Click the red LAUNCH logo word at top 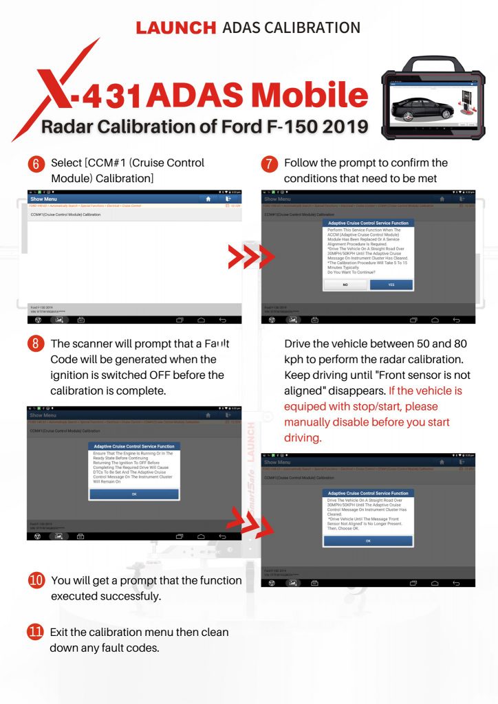[x=175, y=27]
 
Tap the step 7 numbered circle [x=270, y=165]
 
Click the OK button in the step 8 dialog [x=133, y=494]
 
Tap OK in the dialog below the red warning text [x=368, y=541]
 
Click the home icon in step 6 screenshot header [x=204, y=198]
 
